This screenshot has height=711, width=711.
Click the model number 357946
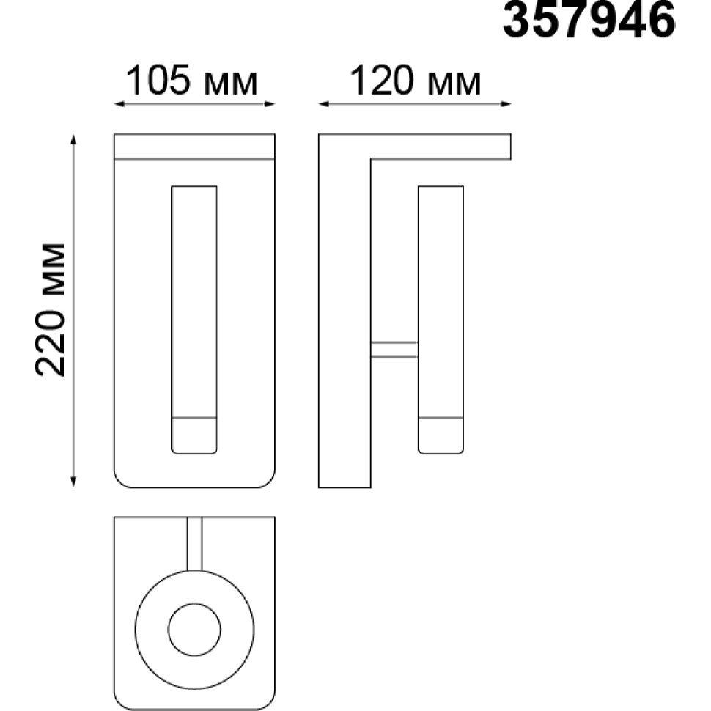pos(589,21)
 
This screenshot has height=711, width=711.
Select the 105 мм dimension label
pos(192,81)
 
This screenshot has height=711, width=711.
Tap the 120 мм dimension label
pos(416,81)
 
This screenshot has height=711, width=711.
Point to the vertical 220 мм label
pos(51,310)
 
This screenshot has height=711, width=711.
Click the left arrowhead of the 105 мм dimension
pos(119,104)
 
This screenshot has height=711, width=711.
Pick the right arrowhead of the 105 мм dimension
pos(270,104)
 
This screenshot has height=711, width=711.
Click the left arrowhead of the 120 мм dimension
pos(324,104)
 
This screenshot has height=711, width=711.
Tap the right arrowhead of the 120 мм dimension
pos(506,104)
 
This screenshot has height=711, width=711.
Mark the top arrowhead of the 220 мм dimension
pos(73,139)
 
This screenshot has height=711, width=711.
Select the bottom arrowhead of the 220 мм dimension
pos(73,482)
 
